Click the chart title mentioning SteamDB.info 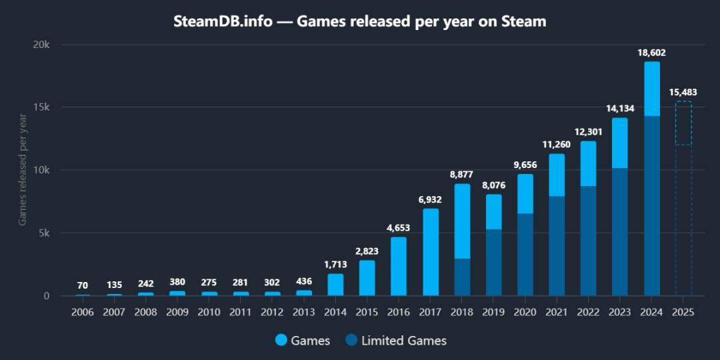(x=360, y=22)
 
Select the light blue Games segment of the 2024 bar (x=651, y=89)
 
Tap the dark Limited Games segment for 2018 (x=462, y=277)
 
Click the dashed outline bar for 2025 (x=683, y=200)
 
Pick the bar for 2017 (x=431, y=252)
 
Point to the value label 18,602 (x=651, y=53)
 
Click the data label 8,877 (x=461, y=175)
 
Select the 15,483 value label (x=683, y=92)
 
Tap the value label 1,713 (x=335, y=265)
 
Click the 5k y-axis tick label (x=43, y=233)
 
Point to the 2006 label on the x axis (x=83, y=313)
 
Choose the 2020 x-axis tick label (x=525, y=313)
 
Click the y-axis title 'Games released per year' (x=23, y=169)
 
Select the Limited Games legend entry (x=396, y=341)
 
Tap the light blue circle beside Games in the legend (x=281, y=341)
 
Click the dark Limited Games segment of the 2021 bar (x=557, y=245)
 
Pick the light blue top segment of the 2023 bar (x=620, y=143)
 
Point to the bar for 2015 (x=367, y=277)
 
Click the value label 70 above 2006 (x=83, y=285)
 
